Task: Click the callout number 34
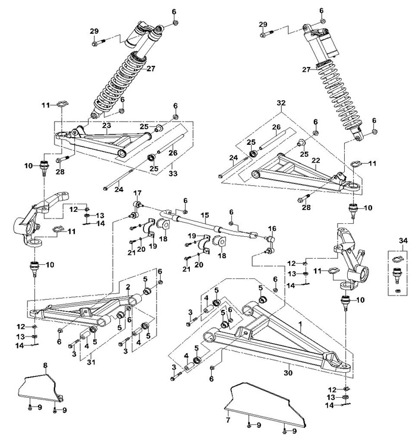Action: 403,240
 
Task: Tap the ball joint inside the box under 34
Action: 397,274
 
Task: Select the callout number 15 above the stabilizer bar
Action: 205,215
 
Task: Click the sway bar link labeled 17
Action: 135,210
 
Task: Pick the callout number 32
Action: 281,103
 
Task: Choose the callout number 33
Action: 173,173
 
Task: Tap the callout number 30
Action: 288,373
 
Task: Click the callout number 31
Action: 91,362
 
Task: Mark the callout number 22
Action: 316,160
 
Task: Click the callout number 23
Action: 107,125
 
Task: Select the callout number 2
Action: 128,287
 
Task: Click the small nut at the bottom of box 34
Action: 397,290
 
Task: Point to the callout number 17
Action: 137,193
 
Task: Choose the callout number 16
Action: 272,229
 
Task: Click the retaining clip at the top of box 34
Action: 397,259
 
